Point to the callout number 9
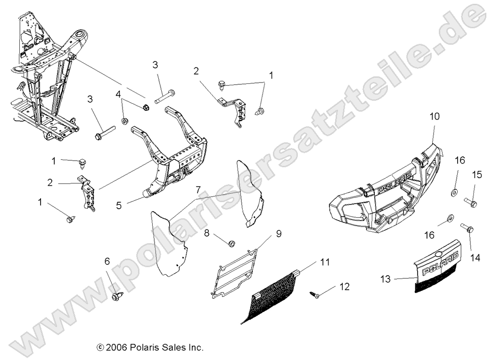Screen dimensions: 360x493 [279, 233]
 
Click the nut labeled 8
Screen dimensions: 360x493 [231, 244]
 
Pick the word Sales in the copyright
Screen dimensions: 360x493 [173, 348]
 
